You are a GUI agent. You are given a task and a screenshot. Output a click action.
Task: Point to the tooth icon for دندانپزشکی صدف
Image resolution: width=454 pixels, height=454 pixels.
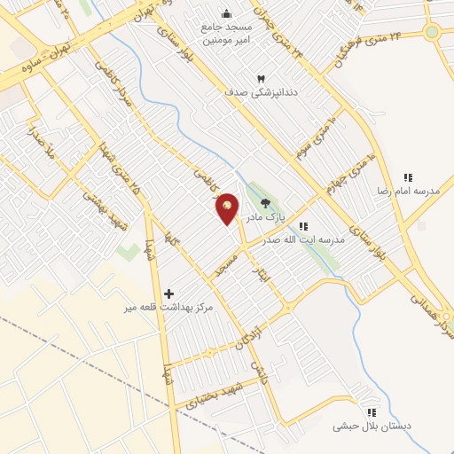pyautogui.click(x=261, y=78)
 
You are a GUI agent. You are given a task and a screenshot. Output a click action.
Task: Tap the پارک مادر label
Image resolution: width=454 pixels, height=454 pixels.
pyautogui.click(x=265, y=217)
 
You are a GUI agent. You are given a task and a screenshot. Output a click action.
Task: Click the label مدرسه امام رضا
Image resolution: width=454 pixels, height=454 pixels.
pyautogui.click(x=409, y=192)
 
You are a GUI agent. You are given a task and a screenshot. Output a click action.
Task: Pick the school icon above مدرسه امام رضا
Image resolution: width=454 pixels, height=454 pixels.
pyautogui.click(x=409, y=177)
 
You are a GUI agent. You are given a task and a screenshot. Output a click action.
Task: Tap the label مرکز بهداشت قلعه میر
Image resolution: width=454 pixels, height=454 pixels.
pyautogui.click(x=169, y=307)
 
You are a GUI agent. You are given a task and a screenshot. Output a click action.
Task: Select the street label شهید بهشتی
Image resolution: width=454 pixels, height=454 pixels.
pyautogui.click(x=104, y=208)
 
